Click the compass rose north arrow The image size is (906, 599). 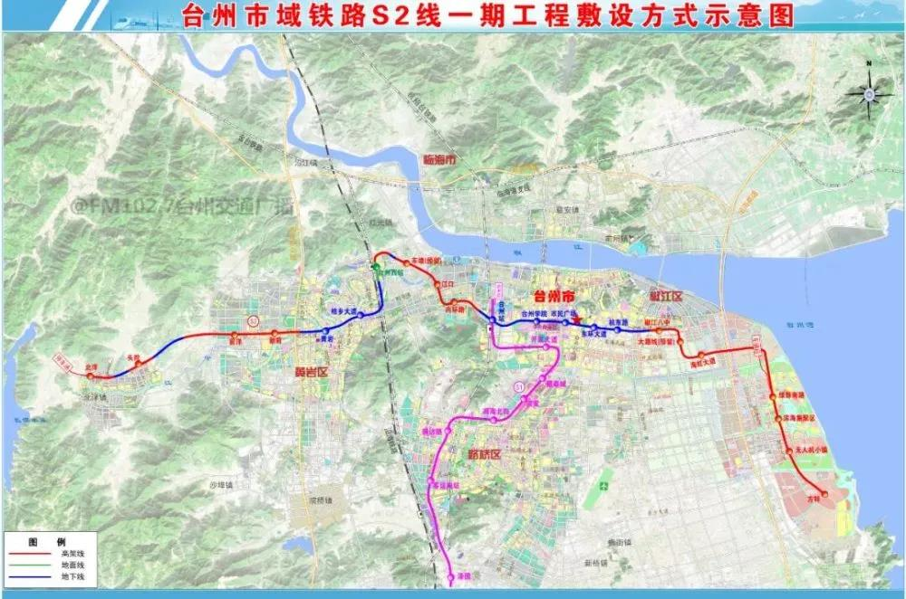pos(868,90)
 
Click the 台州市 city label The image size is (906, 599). pos(554,297)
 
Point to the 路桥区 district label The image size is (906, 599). pos(485,453)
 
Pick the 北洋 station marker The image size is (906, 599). pos(91,375)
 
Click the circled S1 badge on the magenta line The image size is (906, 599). pos(519,387)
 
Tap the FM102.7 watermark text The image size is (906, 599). pos(181,206)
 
